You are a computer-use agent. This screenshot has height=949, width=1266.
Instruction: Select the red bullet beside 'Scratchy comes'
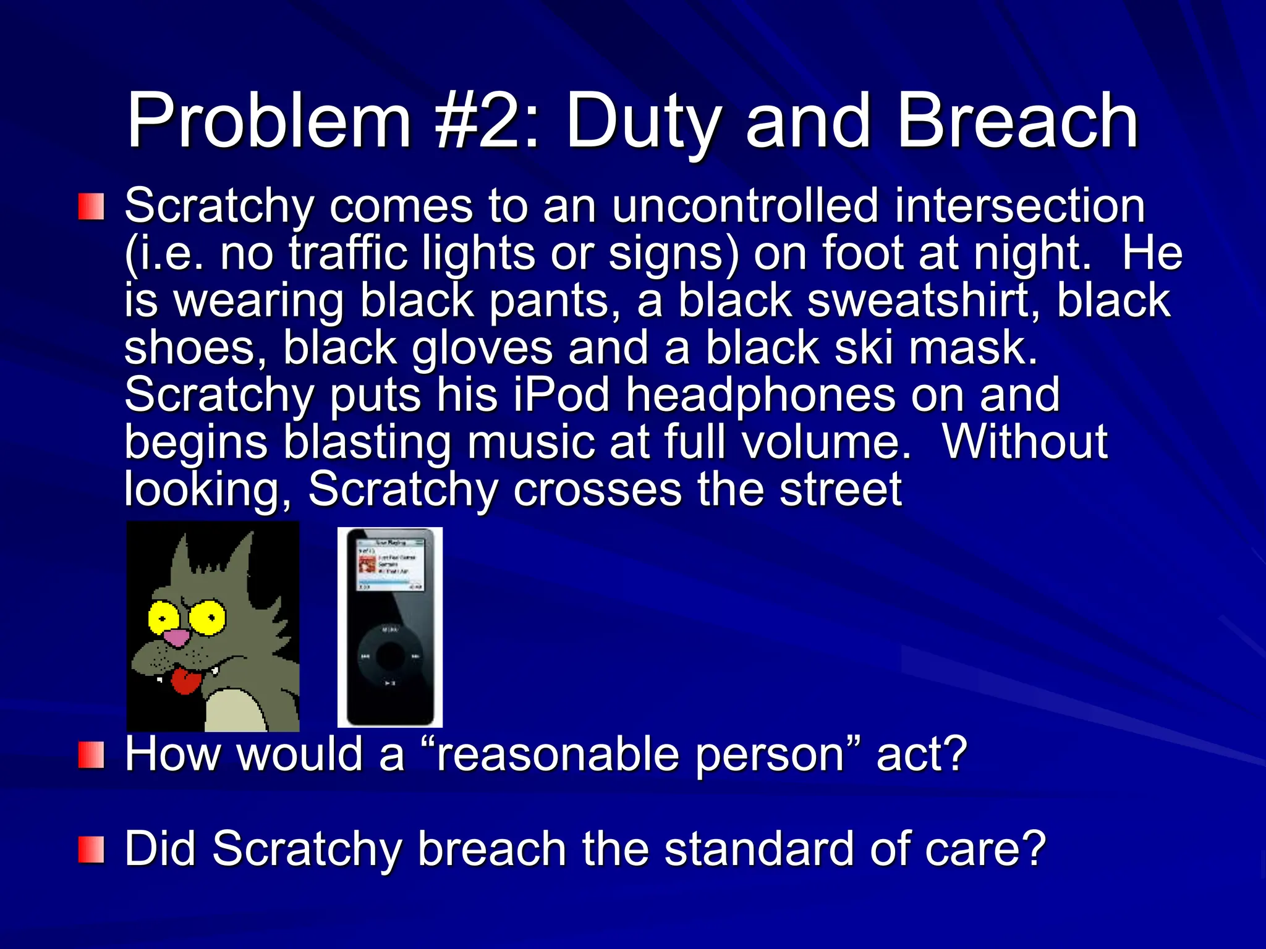(91, 206)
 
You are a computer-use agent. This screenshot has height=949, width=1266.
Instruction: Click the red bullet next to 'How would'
(91, 756)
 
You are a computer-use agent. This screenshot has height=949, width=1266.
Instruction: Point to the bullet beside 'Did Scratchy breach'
(91, 850)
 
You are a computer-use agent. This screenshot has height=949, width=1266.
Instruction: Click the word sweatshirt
(924, 301)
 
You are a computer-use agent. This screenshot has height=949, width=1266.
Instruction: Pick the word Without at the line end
(1024, 442)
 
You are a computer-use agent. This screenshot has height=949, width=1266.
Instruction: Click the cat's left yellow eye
(162, 617)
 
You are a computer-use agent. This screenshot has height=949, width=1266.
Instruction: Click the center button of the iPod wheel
(390, 656)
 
